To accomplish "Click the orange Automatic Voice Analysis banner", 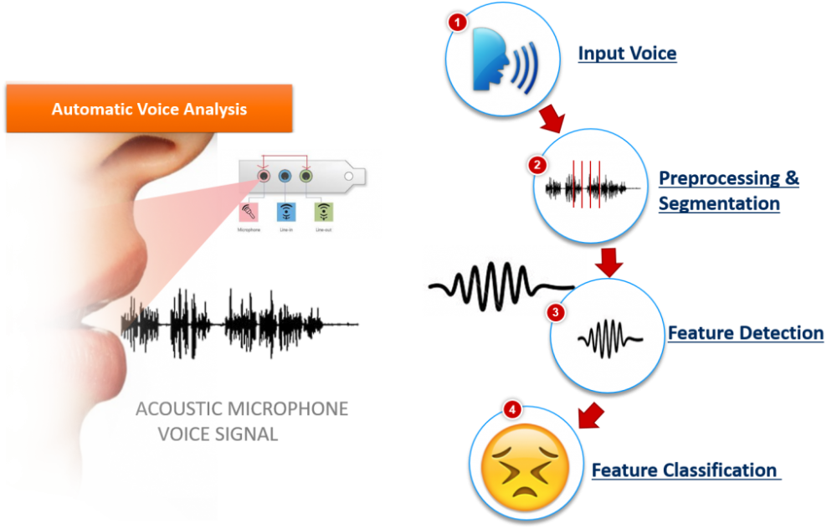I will [149, 110].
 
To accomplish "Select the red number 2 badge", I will [537, 165].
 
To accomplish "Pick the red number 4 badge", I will [513, 409].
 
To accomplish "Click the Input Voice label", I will [627, 54].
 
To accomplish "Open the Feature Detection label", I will [745, 333].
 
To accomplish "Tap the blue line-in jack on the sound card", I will [285, 177].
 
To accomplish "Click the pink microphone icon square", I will [249, 213].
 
